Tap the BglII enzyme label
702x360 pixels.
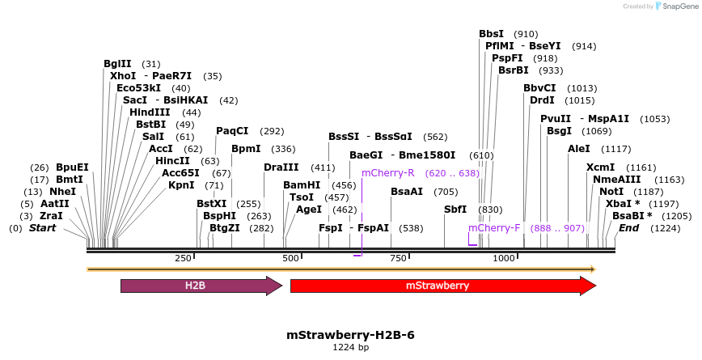[x=117, y=64]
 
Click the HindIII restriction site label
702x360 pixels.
[x=150, y=112]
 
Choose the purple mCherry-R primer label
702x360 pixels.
[x=387, y=173]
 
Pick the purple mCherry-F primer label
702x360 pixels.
[x=494, y=228]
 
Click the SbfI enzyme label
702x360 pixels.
[x=455, y=209]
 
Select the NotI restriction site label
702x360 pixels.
[x=611, y=192]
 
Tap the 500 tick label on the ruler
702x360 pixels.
[x=290, y=258]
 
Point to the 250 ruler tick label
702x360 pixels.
[x=183, y=258]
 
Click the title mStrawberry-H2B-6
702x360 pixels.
[x=351, y=335]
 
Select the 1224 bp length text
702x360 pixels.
[x=351, y=348]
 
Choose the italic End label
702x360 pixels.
[x=628, y=228]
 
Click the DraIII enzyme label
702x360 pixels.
[x=281, y=167]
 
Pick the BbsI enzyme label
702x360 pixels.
[x=491, y=34]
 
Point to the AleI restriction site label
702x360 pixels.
[x=579, y=149]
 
